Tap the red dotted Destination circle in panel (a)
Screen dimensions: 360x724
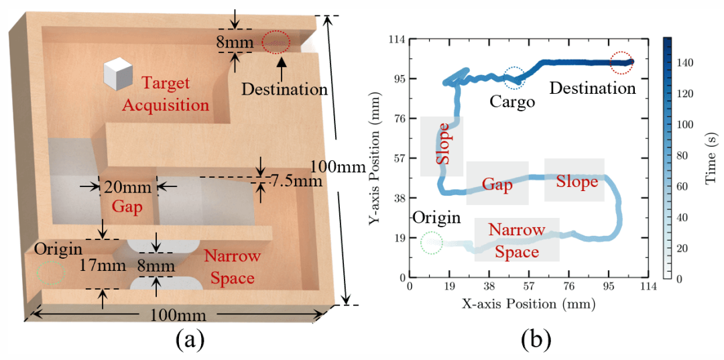tap(276, 42)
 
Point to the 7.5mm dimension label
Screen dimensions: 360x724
tap(294, 181)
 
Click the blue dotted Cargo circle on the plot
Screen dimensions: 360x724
tap(514, 78)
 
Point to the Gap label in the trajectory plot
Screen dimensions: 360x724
tap(497, 184)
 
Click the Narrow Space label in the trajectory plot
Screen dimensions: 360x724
tap(517, 241)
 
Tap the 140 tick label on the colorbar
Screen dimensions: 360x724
tap(694, 63)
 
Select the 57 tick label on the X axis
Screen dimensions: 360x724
tap(528, 289)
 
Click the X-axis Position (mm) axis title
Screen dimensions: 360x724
tap(528, 304)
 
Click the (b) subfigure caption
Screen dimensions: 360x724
tap(536, 340)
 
